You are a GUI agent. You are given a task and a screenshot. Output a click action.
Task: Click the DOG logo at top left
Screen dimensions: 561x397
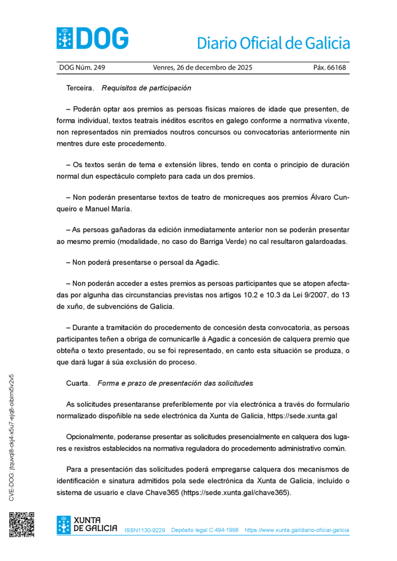point(92,38)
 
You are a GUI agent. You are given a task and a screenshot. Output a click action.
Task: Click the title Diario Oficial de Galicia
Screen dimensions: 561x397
point(273,43)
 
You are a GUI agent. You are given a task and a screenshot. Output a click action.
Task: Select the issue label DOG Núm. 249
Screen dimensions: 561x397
point(82,68)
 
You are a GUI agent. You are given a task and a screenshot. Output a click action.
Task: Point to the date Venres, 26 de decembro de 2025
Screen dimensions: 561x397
point(202,68)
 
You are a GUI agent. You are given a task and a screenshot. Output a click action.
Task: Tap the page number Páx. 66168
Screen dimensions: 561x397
point(329,68)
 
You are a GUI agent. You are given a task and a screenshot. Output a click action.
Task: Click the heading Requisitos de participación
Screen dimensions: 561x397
point(146,88)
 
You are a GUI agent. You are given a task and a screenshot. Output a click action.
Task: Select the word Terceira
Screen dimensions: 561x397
point(80,88)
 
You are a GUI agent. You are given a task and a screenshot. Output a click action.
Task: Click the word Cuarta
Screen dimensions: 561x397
point(78,383)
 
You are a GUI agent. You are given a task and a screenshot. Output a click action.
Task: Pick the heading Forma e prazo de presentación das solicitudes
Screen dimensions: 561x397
point(175,383)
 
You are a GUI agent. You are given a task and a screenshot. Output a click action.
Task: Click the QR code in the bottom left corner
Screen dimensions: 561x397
point(21,525)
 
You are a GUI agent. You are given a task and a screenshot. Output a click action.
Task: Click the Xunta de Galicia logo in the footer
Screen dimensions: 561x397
point(87,525)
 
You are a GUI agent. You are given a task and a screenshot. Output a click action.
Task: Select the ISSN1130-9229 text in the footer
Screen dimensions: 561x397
point(145,530)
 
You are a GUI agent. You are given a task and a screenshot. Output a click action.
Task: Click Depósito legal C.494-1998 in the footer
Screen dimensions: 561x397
point(205,530)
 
